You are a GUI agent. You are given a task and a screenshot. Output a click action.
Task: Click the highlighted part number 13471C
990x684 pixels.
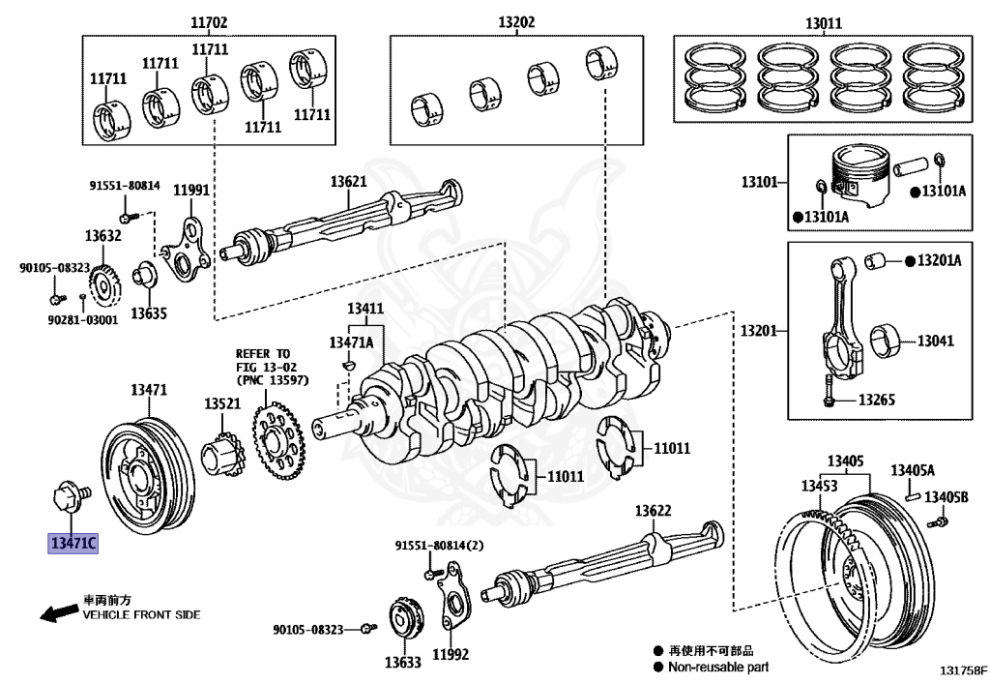(x=73, y=543)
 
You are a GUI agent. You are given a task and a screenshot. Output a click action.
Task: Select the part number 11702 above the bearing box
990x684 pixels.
(x=209, y=23)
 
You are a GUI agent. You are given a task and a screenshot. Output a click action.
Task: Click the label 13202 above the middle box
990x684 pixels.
(x=516, y=22)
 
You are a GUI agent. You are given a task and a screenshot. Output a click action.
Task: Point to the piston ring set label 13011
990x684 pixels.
(x=824, y=23)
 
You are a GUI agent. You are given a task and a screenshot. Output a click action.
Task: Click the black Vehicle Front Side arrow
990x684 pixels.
(x=59, y=612)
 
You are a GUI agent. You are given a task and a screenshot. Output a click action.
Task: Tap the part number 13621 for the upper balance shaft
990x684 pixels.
(x=348, y=182)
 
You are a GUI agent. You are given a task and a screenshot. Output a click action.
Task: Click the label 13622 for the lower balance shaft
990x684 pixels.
(x=653, y=510)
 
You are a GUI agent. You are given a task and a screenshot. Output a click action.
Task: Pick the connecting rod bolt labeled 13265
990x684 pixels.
(x=829, y=392)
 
